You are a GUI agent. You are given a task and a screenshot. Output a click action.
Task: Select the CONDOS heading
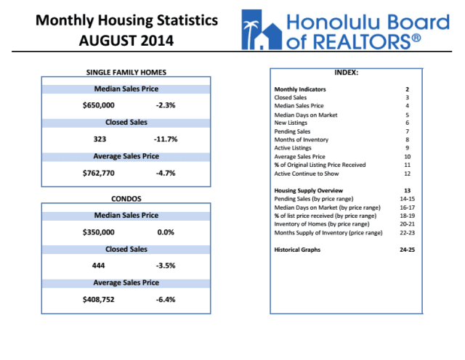point(126,197)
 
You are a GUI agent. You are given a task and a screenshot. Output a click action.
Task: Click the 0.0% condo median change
point(166,232)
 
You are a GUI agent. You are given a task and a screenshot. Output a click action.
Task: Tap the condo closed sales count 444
point(100,266)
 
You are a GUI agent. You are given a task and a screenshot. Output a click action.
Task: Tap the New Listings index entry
point(291,123)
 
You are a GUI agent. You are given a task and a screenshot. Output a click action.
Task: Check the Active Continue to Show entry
point(310,173)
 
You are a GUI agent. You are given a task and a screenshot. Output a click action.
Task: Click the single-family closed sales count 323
point(100,139)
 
